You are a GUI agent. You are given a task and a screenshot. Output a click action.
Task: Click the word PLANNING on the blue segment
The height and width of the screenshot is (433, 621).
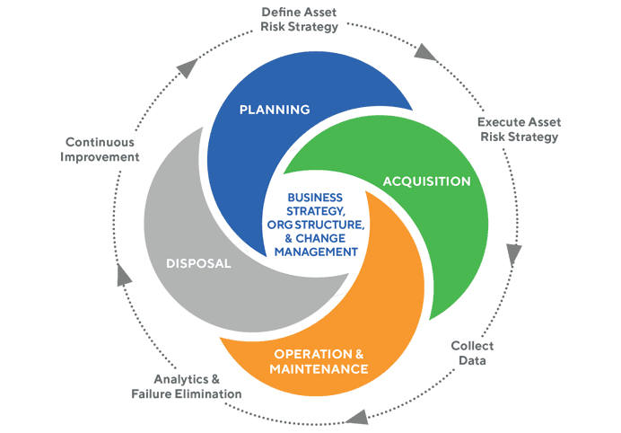tap(274, 110)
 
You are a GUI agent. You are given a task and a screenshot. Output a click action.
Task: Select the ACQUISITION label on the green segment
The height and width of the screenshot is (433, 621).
tap(426, 181)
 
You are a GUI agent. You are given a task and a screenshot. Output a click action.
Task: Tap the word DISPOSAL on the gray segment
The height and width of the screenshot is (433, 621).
tap(198, 264)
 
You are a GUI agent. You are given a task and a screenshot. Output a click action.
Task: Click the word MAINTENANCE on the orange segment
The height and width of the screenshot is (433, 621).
tap(320, 368)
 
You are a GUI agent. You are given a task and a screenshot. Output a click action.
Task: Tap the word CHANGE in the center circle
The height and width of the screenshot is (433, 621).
tap(330, 239)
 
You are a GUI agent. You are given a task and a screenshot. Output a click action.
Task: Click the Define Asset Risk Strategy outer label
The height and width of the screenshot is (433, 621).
tap(299, 19)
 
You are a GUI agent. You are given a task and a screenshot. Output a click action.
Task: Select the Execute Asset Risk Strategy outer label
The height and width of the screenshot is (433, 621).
tap(519, 128)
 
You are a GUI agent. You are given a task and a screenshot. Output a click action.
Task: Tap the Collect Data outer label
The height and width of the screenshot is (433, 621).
tap(471, 351)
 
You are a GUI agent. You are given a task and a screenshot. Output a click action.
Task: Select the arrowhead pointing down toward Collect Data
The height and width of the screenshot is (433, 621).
tap(514, 252)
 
